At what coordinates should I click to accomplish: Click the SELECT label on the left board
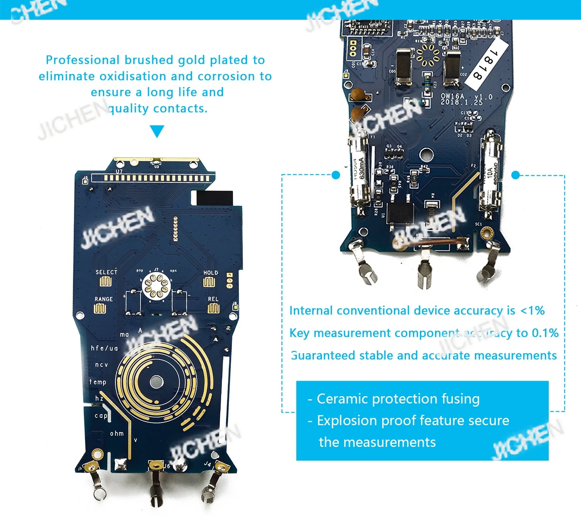coord(106,272)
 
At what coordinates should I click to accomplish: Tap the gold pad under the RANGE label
coord(100,309)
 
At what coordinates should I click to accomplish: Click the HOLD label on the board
coord(210,273)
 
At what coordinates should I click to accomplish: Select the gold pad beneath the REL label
coord(213,308)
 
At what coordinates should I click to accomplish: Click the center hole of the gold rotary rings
coord(156,381)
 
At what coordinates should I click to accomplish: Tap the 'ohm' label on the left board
coord(117,433)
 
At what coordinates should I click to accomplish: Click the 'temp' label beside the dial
coord(98,382)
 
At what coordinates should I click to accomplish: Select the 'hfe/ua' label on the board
coord(104,348)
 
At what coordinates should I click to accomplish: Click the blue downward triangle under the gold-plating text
coord(156,131)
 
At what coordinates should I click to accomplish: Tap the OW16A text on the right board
coord(452,96)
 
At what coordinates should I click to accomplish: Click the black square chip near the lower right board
coord(400,211)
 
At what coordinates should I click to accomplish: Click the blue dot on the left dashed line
coord(336,175)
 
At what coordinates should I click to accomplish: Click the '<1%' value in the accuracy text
coord(533,311)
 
